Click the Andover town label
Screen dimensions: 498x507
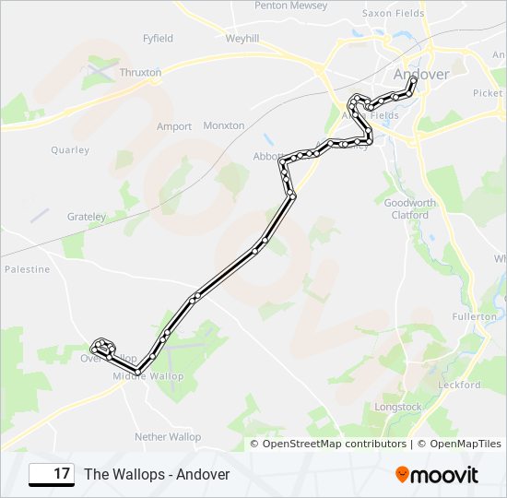(420, 73)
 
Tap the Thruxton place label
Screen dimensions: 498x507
(140, 72)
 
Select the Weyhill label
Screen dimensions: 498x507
(243, 38)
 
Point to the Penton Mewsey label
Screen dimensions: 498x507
(290, 6)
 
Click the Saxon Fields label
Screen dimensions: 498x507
(393, 14)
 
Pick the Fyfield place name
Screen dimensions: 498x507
(158, 39)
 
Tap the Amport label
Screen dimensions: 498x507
(174, 126)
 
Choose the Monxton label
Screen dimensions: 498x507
(223, 125)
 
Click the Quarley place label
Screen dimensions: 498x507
(70, 149)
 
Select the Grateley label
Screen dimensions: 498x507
(87, 217)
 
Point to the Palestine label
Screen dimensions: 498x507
(27, 269)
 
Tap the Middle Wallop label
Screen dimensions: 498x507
(147, 376)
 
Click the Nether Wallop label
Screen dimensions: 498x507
(167, 436)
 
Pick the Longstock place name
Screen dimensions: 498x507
(398, 407)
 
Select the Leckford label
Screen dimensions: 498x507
(459, 385)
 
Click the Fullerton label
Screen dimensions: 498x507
(474, 316)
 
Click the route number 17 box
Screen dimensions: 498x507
(52, 474)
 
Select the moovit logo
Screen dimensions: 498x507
(437, 475)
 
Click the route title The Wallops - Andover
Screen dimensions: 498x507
(157, 474)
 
